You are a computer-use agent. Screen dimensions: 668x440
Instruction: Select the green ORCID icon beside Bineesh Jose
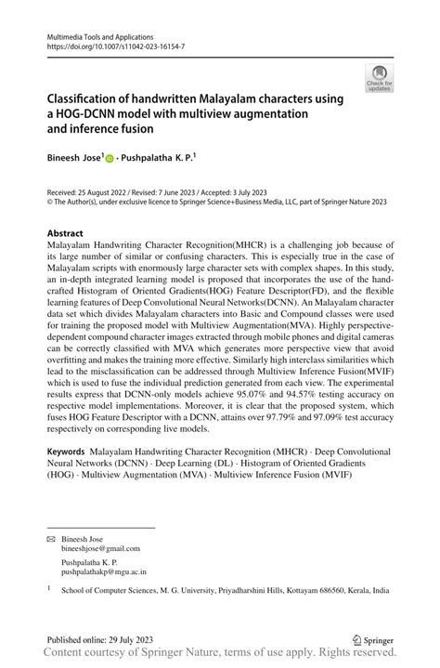(x=110, y=160)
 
